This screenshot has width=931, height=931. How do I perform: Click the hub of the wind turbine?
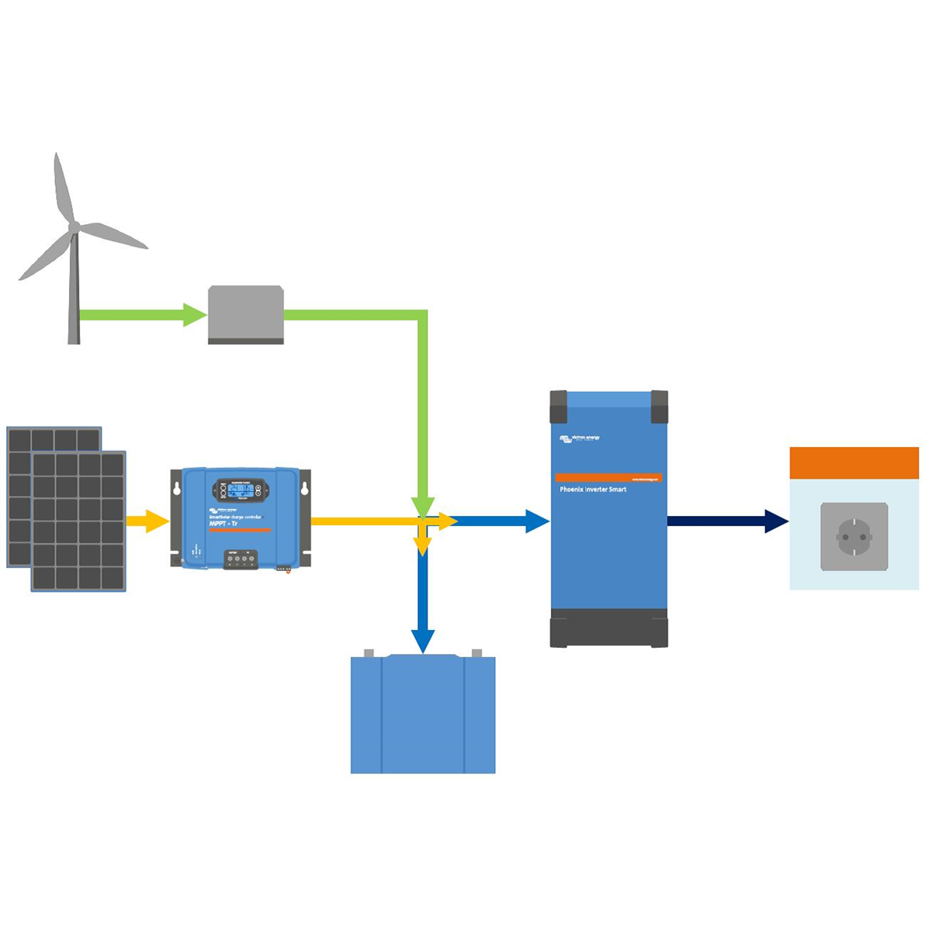pos(74,227)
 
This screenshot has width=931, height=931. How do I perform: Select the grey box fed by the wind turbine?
pos(246,314)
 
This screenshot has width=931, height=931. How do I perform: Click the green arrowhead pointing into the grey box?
pos(195,315)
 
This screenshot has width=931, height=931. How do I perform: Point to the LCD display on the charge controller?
pos(240,490)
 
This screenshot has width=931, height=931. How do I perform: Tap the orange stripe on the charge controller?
pos(240,531)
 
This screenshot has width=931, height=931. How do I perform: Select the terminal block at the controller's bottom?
pos(241,559)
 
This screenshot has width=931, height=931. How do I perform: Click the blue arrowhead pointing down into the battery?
pos(423,641)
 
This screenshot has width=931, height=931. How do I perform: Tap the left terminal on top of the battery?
pos(369,653)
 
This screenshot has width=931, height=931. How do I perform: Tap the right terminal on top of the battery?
pos(476,653)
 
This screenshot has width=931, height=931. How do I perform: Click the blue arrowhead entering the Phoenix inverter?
pos(537,521)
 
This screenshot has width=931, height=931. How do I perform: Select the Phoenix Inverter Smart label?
pos(593,490)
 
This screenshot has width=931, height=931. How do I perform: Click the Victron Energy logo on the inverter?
pos(580,439)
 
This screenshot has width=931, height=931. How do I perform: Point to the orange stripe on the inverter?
pos(608,478)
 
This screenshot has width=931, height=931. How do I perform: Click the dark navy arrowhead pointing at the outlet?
pos(776,521)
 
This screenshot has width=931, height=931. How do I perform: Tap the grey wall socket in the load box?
pos(854,536)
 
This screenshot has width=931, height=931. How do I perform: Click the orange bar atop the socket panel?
pos(854,463)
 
